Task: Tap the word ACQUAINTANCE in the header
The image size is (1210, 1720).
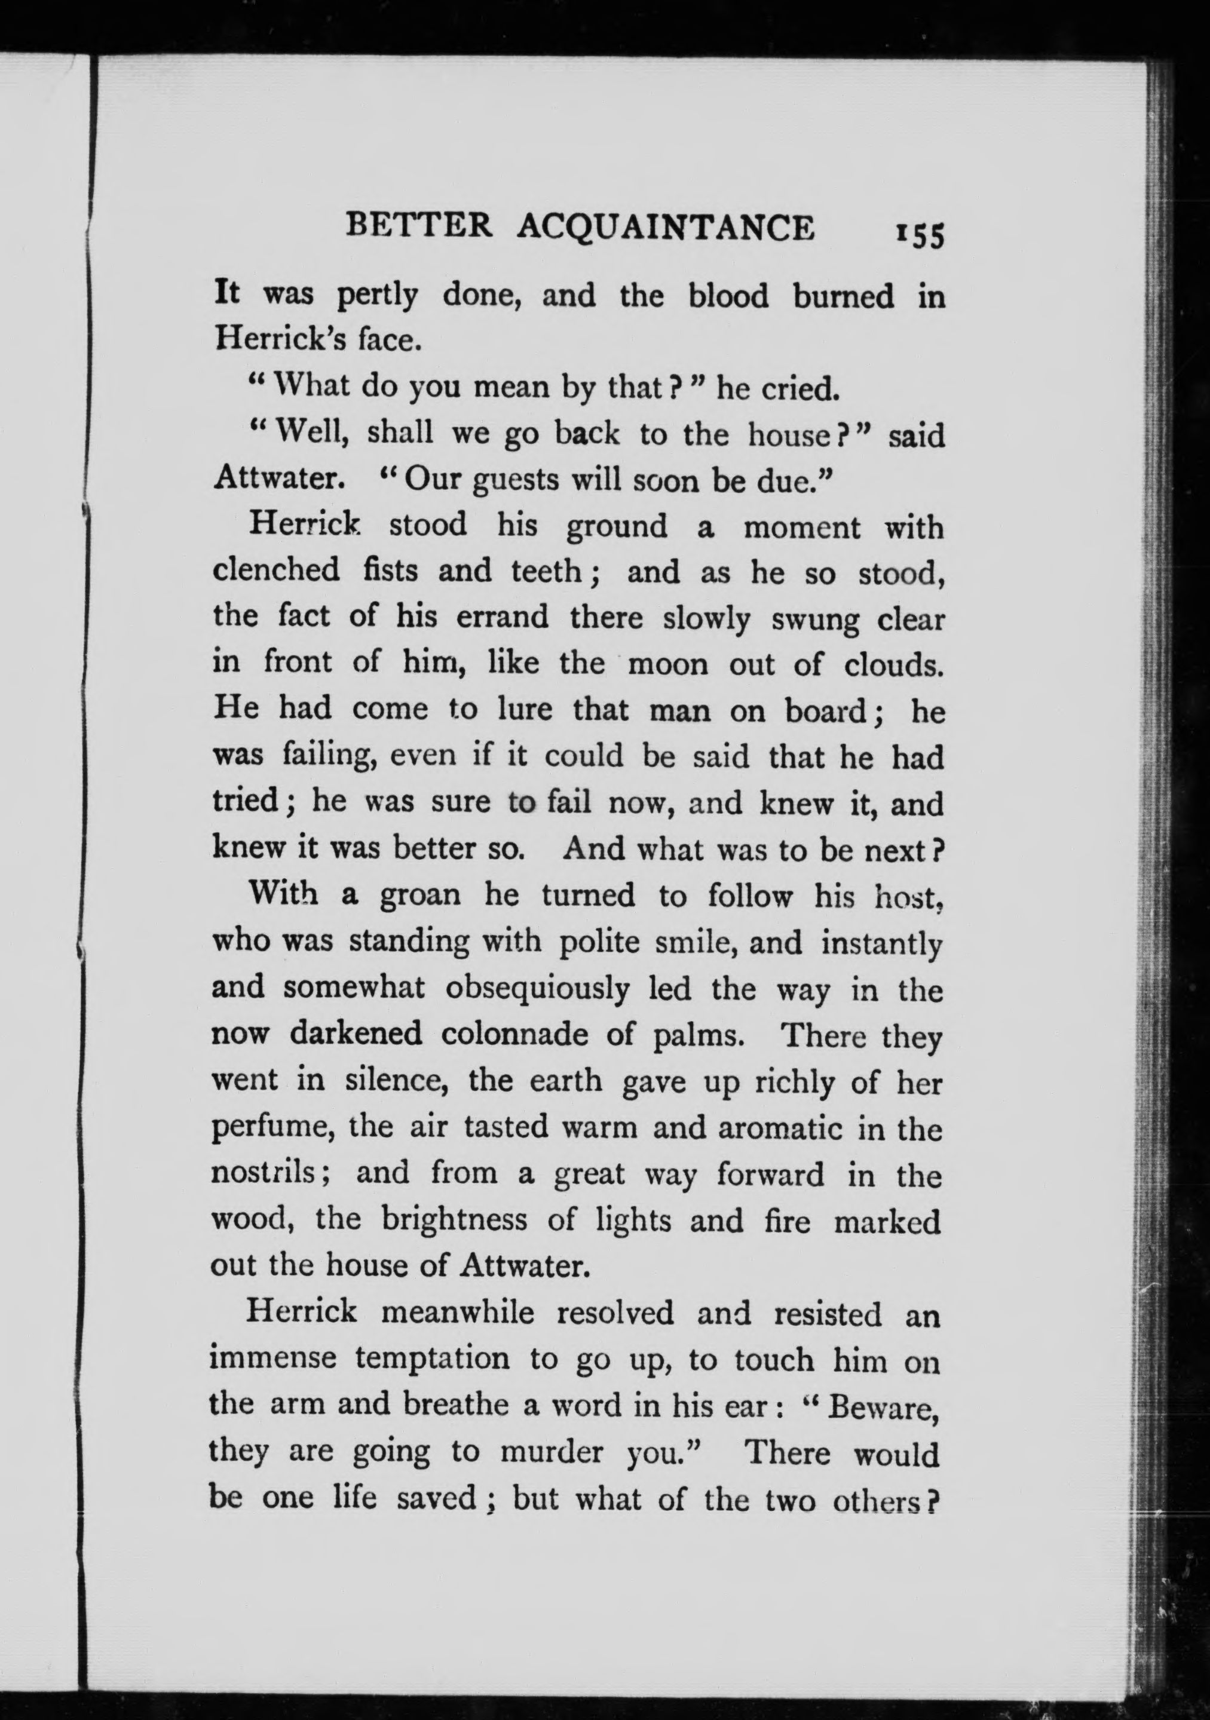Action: click(x=665, y=228)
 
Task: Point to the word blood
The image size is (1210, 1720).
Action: click(x=728, y=297)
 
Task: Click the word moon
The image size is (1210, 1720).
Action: click(x=667, y=664)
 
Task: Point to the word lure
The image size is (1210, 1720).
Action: click(x=523, y=709)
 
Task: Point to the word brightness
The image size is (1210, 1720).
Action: click(x=455, y=1221)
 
